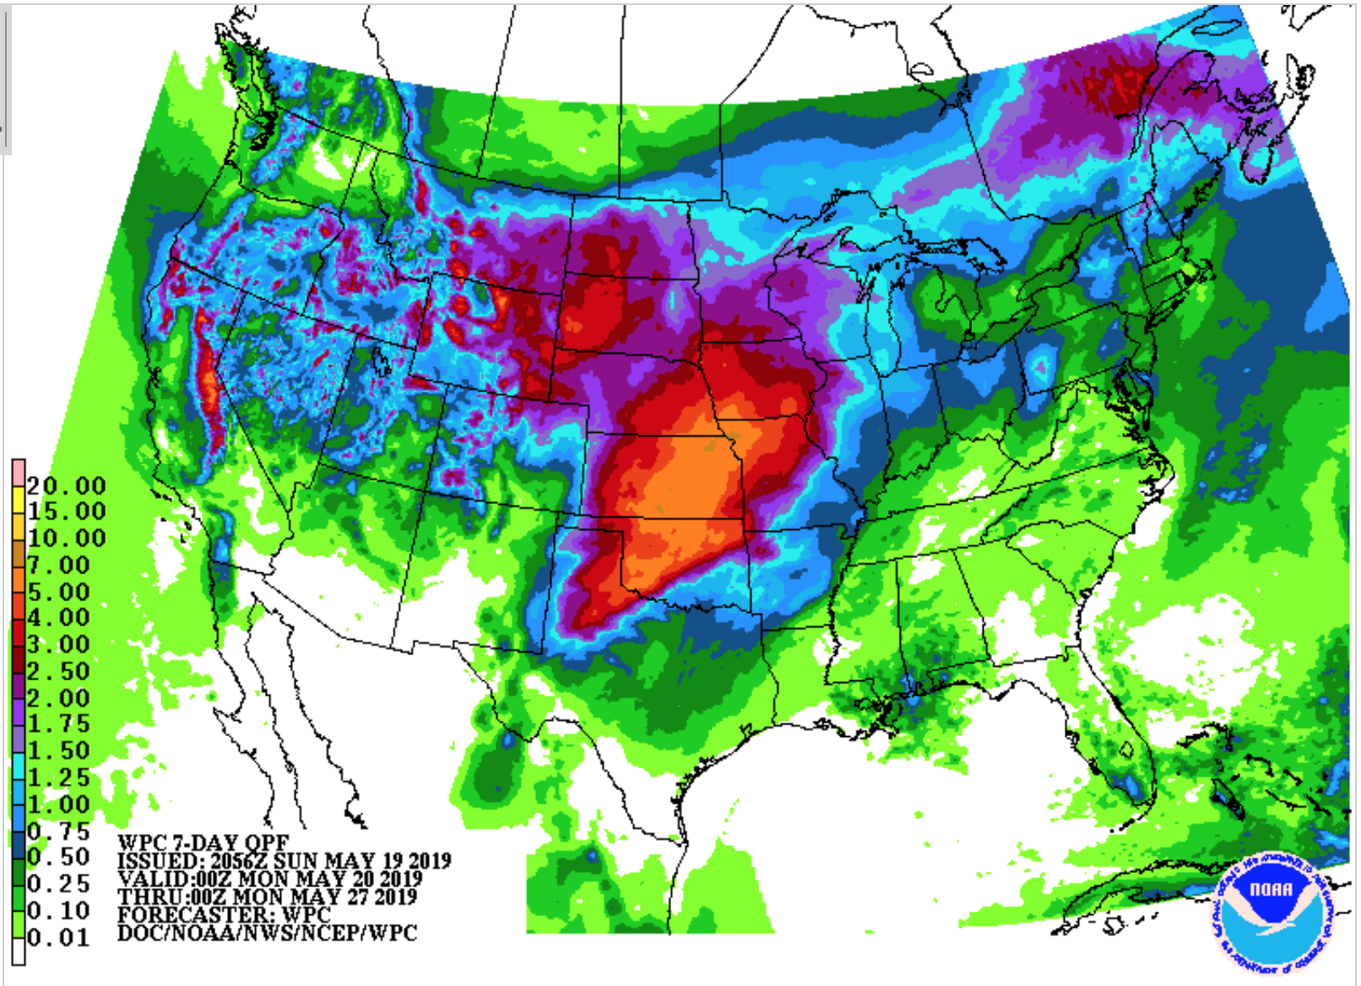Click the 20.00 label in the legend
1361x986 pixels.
coord(66,486)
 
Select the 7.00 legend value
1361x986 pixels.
coord(57,566)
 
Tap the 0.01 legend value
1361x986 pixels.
coord(57,938)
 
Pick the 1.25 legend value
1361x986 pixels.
coord(57,777)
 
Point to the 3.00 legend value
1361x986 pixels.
coord(57,645)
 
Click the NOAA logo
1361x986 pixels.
coord(1271,913)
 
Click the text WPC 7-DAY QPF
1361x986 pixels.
coord(203,842)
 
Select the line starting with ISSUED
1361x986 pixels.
coord(284,861)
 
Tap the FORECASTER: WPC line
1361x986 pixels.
coord(224,914)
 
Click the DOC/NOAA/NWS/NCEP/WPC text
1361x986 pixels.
coord(267,933)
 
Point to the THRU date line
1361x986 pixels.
coord(267,897)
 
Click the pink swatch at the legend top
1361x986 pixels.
coord(19,473)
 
